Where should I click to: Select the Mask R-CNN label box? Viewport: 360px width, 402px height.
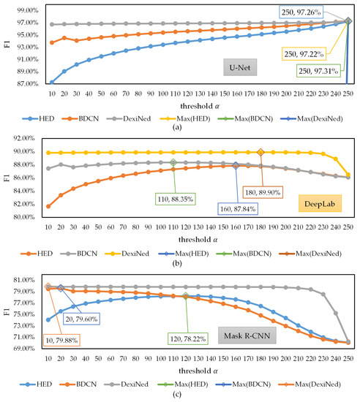240,337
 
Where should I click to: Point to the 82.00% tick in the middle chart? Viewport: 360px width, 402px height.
21,206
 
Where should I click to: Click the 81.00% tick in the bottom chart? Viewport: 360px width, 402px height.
21,280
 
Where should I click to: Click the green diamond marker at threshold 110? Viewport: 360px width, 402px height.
173,162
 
